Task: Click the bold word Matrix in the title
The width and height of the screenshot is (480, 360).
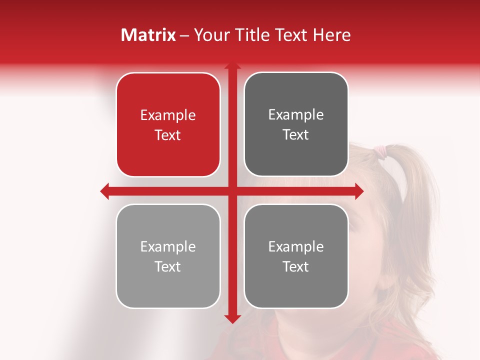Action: [148, 35]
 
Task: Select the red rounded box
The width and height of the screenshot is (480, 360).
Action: [168, 125]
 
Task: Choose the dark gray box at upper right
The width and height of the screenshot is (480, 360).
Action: [296, 124]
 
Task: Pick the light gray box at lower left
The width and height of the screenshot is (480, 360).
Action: [168, 256]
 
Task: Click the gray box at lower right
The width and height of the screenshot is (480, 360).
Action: [296, 256]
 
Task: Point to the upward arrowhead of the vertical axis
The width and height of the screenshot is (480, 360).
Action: [232, 66]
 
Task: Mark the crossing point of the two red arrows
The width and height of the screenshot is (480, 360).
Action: [232, 191]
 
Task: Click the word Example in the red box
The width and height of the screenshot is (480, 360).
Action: [168, 115]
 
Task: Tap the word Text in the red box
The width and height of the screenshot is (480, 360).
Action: [168, 135]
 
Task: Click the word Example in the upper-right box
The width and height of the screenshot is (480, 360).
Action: [296, 115]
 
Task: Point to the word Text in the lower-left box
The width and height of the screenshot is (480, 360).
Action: [168, 266]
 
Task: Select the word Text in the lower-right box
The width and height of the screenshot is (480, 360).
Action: [296, 266]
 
